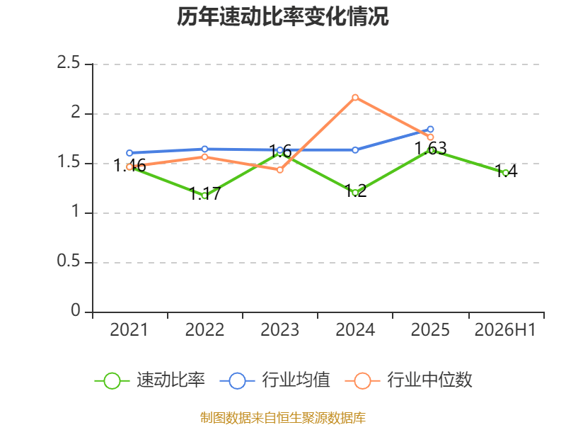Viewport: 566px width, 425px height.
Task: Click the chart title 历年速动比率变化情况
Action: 282,16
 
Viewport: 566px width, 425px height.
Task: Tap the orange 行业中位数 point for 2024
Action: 355,98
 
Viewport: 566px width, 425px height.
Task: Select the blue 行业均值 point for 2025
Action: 430,129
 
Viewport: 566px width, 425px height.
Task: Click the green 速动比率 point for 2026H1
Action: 505,173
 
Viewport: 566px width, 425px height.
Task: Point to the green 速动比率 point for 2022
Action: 204,195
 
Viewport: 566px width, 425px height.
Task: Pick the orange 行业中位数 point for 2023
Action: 280,169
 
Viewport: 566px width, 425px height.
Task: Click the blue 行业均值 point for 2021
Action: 129,153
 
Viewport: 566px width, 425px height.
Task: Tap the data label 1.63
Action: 430,148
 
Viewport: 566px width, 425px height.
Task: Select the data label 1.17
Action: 204,193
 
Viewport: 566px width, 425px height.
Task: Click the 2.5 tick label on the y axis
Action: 68,62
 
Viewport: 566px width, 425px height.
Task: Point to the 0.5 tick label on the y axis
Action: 68,261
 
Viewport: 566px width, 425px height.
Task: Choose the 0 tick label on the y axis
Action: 76,310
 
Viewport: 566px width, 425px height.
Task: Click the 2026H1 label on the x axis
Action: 505,329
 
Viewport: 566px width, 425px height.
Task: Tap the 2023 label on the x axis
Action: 280,329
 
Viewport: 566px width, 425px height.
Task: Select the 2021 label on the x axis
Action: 129,329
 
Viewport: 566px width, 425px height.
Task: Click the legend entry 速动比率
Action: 149,380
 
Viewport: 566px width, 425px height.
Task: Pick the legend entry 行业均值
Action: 275,380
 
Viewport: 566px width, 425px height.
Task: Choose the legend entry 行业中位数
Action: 409,380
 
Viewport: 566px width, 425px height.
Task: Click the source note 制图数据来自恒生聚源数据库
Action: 283,418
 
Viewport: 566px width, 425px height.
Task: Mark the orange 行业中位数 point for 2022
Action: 204,157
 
